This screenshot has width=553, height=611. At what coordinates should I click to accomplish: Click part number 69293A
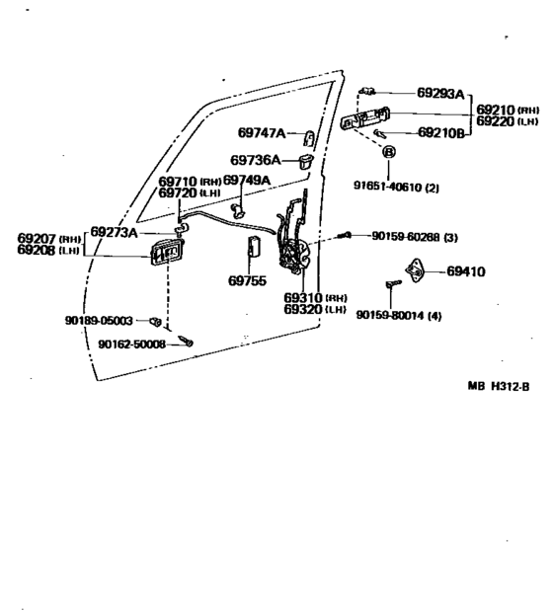[440, 93]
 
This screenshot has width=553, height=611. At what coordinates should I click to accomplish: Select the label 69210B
[441, 133]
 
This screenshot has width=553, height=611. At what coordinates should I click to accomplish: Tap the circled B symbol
[389, 152]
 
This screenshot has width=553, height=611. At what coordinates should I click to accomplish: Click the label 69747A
[262, 133]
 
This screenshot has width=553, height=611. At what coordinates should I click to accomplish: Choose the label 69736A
[255, 160]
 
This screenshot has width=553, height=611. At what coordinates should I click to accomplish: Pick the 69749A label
[247, 180]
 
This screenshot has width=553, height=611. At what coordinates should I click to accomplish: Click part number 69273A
[114, 232]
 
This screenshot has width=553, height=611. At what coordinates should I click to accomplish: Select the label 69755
[247, 280]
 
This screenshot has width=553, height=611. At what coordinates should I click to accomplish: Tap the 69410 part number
[466, 271]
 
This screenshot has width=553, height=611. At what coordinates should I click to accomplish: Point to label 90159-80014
[390, 315]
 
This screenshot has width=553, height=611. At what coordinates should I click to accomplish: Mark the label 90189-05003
[99, 321]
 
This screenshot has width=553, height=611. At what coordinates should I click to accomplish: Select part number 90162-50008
[131, 344]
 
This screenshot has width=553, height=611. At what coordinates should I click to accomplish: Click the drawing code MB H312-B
[499, 386]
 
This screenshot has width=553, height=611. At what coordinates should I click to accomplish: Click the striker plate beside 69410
[416, 270]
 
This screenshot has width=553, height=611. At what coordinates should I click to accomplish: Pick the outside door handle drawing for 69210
[364, 118]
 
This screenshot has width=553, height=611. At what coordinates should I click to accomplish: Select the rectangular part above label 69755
[255, 247]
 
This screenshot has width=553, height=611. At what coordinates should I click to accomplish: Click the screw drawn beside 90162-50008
[186, 341]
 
